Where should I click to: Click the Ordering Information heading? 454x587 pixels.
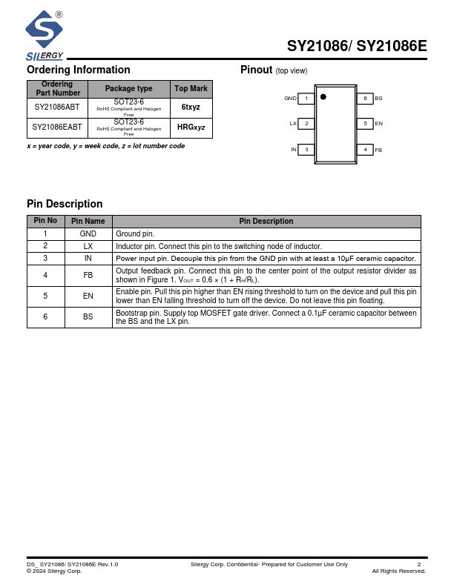click(79, 70)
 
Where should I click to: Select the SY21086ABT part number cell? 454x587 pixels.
click(57, 107)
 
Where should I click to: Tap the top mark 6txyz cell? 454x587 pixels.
click(191, 107)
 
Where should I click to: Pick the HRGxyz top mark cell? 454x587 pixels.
click(191, 127)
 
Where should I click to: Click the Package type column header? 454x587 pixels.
click(128, 89)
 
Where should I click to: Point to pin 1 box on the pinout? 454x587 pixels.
click(306, 99)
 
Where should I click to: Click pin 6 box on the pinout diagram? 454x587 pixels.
click(364, 99)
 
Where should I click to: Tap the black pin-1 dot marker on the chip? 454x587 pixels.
click(323, 97)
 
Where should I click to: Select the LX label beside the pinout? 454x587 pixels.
click(293, 124)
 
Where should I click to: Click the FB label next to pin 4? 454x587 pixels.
click(378, 150)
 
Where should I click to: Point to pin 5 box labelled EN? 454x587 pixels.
click(364, 124)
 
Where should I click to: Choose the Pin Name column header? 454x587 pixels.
click(88, 221)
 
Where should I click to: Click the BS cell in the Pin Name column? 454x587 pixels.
click(88, 316)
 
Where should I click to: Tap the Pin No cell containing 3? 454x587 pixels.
click(45, 258)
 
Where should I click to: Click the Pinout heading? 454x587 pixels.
click(257, 70)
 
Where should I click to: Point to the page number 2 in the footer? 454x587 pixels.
click(419, 565)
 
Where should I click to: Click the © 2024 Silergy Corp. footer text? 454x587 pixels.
click(54, 571)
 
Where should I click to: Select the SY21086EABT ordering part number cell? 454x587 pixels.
click(57, 127)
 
